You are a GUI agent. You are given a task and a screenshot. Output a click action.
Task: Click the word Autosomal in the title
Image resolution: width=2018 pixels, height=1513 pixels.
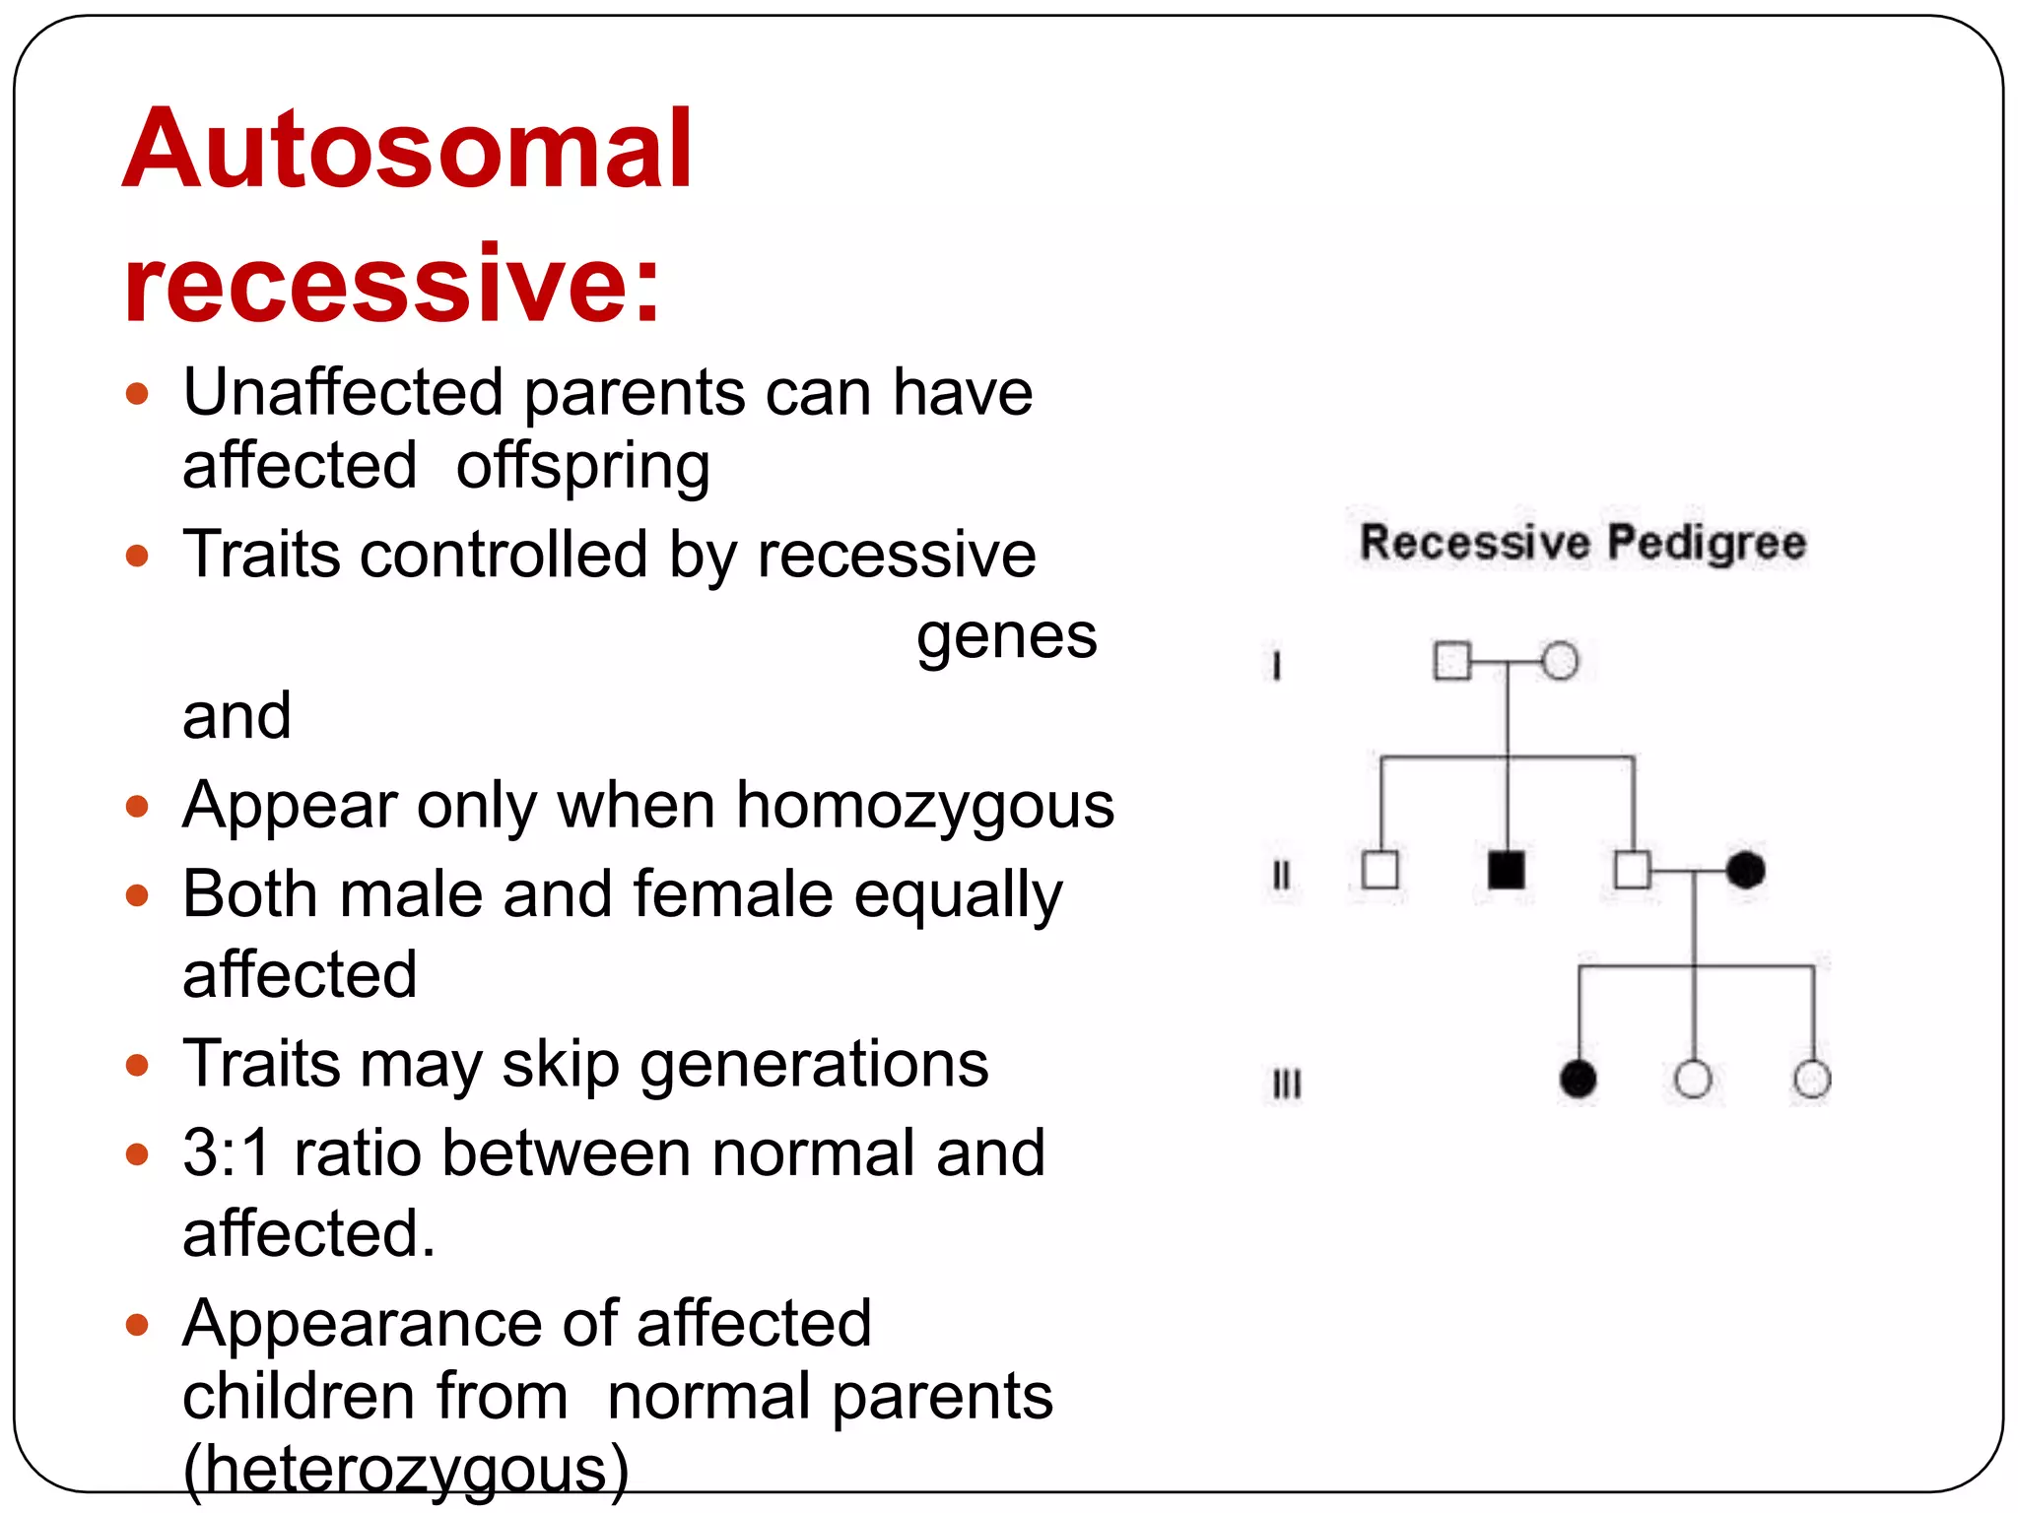[408, 150]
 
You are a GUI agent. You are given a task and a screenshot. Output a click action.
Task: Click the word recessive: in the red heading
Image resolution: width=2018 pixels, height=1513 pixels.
[392, 283]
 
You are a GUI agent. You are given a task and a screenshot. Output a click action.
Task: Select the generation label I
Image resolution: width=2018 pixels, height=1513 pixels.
[1276, 666]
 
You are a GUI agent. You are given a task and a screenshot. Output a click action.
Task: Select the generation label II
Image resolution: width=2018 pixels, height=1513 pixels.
[1281, 875]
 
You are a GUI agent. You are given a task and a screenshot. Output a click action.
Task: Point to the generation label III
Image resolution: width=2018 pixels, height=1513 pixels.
[1286, 1085]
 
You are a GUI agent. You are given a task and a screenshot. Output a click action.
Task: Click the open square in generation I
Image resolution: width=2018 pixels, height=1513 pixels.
[1452, 661]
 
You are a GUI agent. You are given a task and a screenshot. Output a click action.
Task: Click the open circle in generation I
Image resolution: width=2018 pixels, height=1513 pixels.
[1560, 661]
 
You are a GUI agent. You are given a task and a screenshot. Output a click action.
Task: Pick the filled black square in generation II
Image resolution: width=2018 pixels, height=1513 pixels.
[1506, 870]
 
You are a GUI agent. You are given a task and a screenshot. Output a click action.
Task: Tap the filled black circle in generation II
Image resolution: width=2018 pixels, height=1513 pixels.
[1745, 870]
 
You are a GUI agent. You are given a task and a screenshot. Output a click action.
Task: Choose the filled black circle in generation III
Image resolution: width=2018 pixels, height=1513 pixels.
[1578, 1079]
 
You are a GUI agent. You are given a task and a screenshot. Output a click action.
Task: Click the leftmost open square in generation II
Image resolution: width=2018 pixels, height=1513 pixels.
[1379, 870]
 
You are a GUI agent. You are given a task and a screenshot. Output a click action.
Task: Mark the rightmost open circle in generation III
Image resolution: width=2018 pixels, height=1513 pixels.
[1812, 1079]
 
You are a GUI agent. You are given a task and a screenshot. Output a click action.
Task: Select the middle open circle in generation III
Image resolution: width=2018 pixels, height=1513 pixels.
[1693, 1079]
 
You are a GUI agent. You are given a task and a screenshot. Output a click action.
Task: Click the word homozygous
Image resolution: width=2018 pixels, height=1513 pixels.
[925, 806]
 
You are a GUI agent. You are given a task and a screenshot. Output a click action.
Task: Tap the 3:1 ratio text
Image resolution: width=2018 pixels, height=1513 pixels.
[227, 1152]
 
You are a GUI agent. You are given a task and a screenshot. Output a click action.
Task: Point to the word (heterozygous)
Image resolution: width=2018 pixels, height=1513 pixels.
[406, 1470]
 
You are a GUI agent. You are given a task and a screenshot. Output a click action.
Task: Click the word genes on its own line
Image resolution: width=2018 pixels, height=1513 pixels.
[1006, 636]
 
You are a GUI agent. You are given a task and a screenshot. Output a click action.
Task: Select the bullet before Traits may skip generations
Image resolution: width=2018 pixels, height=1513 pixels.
[137, 1065]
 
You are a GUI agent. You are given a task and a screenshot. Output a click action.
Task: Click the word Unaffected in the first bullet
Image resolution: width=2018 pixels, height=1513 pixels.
[343, 393]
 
